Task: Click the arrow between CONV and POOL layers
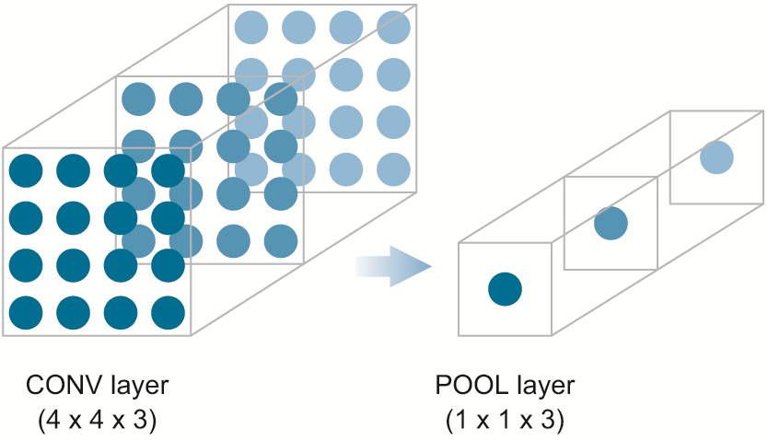pyautogui.click(x=394, y=266)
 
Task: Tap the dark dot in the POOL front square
pyautogui.click(x=505, y=289)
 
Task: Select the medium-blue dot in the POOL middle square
pyautogui.click(x=611, y=223)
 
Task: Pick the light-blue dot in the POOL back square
pyautogui.click(x=716, y=157)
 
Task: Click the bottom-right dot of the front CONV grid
pyautogui.click(x=168, y=313)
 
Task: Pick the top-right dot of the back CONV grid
pyautogui.click(x=393, y=28)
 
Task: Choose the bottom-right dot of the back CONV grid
pyautogui.click(x=393, y=168)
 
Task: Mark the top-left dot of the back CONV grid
pyautogui.click(x=251, y=28)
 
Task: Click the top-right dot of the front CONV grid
pyautogui.click(x=168, y=170)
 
